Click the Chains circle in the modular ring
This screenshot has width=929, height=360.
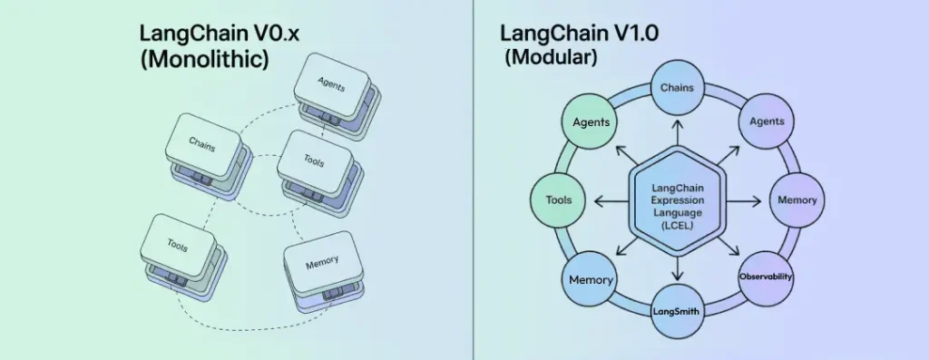pos(676,89)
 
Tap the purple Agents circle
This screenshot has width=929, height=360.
pos(766,121)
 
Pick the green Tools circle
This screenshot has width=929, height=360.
pos(558,199)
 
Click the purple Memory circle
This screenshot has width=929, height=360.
pos(797,199)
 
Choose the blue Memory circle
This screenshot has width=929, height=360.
pos(591,280)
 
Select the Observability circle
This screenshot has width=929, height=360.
pos(766,276)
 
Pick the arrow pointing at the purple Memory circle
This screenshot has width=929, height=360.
pos(746,199)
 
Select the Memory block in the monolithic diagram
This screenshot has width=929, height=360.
pos(322,263)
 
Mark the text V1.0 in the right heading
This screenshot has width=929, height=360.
pos(623,34)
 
